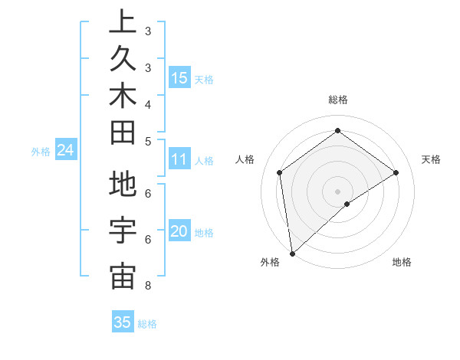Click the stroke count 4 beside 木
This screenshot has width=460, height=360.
click(x=147, y=104)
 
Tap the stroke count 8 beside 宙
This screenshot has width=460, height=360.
click(x=147, y=286)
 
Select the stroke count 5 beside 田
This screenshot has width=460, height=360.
click(x=147, y=141)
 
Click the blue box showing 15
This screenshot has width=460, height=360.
click(x=179, y=78)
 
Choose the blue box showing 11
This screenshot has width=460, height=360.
click(x=179, y=160)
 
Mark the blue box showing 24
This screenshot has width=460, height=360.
click(x=66, y=151)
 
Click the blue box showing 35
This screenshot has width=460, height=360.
click(x=123, y=322)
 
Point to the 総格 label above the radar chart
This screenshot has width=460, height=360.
click(x=338, y=100)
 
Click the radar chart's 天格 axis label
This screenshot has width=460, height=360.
click(x=431, y=159)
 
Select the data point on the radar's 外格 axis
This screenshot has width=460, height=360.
click(x=292, y=253)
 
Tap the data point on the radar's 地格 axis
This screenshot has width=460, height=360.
click(x=347, y=204)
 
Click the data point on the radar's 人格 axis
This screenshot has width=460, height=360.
click(x=280, y=172)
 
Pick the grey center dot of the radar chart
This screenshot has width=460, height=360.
click(x=338, y=191)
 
